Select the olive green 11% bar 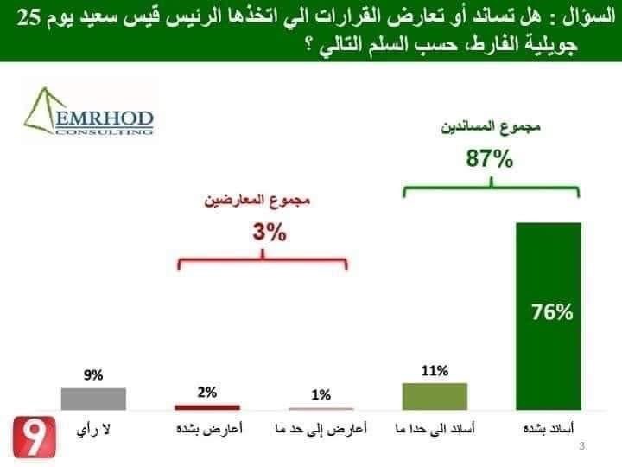pos(435,395)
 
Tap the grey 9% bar pos(93,398)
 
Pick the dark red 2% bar pos(207,406)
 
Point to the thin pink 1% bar pos(321,408)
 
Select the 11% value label pos(435,371)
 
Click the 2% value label pos(207,392)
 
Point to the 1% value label pos(321,395)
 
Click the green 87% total pos(491,160)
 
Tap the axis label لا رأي pos(94,428)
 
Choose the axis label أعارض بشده pos(207,428)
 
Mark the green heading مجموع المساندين pos(491,128)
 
